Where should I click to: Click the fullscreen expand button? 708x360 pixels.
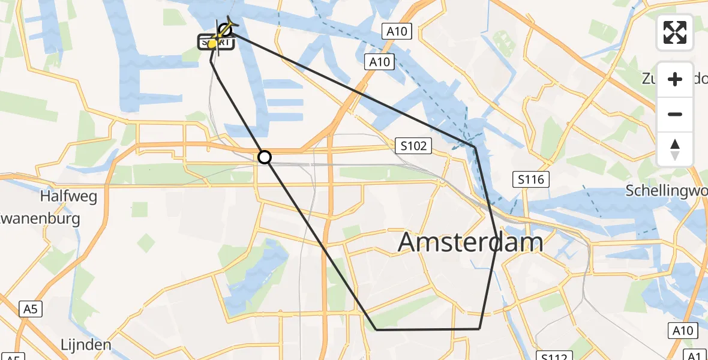click(675, 32)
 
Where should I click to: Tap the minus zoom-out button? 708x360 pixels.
click(675, 115)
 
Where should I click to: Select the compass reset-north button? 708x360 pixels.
click(675, 149)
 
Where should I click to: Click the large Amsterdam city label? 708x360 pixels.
click(470, 242)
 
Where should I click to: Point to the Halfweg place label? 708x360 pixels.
click(69, 197)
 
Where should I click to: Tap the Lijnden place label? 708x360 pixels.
click(86, 345)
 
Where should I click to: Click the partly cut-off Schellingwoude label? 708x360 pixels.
click(666, 191)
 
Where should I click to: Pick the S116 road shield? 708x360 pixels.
click(532, 179)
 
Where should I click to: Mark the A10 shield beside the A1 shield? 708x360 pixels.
click(682, 331)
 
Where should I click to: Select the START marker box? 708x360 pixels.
click(215, 43)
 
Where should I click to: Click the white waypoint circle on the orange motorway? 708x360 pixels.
click(265, 157)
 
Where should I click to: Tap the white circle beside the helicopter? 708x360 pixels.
click(225, 29)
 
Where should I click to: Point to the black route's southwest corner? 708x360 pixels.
click(376, 329)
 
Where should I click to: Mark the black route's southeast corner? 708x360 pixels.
click(479, 329)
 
